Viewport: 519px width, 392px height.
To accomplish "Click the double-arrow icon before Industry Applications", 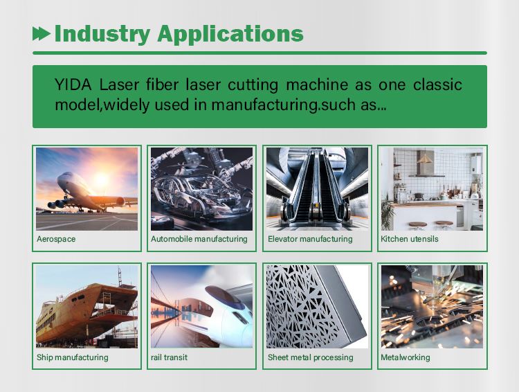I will click(42, 33).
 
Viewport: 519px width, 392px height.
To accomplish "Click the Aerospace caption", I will click(56, 239).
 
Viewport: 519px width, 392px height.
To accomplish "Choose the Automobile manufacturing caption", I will click(199, 239).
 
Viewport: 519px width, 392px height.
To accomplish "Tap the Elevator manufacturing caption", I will click(310, 239).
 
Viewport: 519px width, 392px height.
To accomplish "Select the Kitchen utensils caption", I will click(410, 239).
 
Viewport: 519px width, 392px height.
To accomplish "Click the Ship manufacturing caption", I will click(73, 357).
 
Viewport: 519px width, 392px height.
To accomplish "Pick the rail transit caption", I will click(169, 357).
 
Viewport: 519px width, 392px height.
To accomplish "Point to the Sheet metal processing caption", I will click(311, 357).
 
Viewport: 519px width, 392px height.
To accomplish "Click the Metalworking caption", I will click(406, 357).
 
